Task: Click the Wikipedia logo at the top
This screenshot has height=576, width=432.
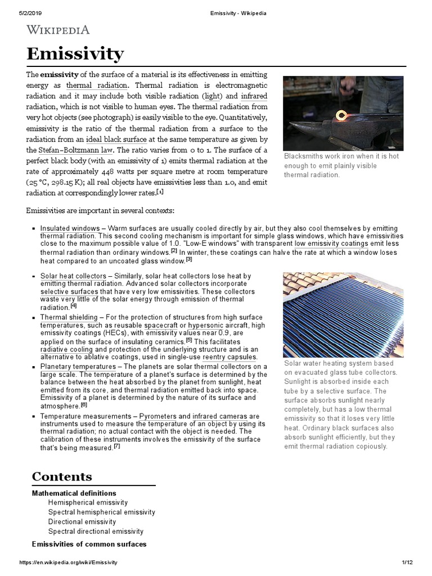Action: point(58,30)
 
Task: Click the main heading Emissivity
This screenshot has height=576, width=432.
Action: point(75,55)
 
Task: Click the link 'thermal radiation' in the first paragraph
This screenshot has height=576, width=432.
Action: point(97,85)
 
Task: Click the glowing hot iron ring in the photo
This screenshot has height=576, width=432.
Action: point(340,116)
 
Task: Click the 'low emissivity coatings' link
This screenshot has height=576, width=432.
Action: point(331,244)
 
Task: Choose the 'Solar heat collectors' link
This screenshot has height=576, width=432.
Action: point(73,276)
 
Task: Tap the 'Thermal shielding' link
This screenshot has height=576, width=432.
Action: point(69,317)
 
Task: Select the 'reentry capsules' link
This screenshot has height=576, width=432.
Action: point(229,357)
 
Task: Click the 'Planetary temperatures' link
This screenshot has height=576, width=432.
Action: point(78,367)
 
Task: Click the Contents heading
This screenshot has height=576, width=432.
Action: point(61,476)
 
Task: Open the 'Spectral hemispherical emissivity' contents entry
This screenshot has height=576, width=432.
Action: point(101,512)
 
